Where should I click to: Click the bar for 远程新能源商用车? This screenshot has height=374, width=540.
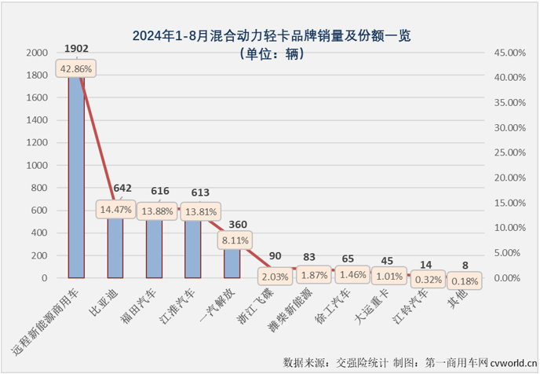coord(76,181)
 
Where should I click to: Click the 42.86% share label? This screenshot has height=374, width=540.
coord(76,69)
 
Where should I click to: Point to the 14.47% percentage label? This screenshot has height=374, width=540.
coord(115,210)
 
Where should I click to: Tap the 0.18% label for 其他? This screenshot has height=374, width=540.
coord(465,280)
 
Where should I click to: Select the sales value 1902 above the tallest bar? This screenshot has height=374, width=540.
coord(76,49)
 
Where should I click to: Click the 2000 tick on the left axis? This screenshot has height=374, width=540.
coord(36,53)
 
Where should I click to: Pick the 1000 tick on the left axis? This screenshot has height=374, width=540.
coord(36,166)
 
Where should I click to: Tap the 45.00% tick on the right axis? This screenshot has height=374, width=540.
coord(509,53)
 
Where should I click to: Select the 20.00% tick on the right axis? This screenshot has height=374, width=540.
coord(509,178)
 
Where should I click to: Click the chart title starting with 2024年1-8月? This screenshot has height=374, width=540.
coord(272,35)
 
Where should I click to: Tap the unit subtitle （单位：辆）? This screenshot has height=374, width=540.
coord(271,54)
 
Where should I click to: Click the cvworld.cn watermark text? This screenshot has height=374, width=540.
coord(512,363)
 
